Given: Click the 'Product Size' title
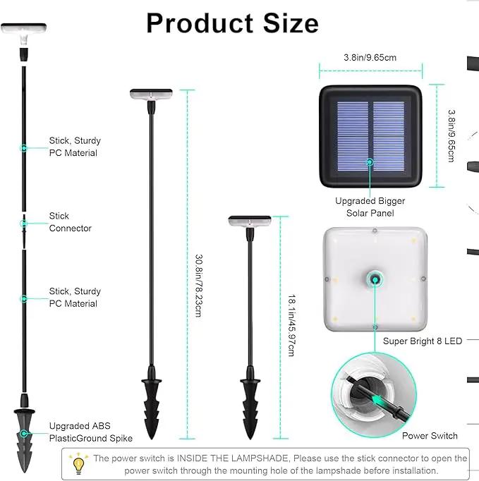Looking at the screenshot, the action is pyautogui.click(x=232, y=23).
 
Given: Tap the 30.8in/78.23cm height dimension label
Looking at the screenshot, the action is pyautogui.click(x=198, y=286).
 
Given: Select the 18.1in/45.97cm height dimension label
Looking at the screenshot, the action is pyautogui.click(x=291, y=325).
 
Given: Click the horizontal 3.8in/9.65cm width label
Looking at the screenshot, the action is pyautogui.click(x=370, y=57).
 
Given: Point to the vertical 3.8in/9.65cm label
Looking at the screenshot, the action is pyautogui.click(x=451, y=135).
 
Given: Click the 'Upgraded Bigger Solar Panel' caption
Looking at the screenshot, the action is pyautogui.click(x=370, y=207).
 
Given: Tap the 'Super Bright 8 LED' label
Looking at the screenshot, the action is pyautogui.click(x=423, y=341).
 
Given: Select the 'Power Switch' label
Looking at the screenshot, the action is pyautogui.click(x=430, y=436).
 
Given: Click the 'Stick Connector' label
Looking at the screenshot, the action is pyautogui.click(x=71, y=222).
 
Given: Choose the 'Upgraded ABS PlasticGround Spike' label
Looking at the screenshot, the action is pyautogui.click(x=91, y=432).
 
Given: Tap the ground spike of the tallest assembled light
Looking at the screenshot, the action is pyautogui.click(x=152, y=402).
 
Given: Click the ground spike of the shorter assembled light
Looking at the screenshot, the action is pyautogui.click(x=250, y=402).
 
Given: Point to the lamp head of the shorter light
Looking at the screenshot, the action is pyautogui.click(x=250, y=221).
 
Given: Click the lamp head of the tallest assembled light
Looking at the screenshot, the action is pyautogui.click(x=151, y=95).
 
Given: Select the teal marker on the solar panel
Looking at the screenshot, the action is pyautogui.click(x=370, y=162).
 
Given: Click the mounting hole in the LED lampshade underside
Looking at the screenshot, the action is pyautogui.click(x=375, y=279).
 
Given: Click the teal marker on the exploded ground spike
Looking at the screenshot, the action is pyautogui.click(x=23, y=434).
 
